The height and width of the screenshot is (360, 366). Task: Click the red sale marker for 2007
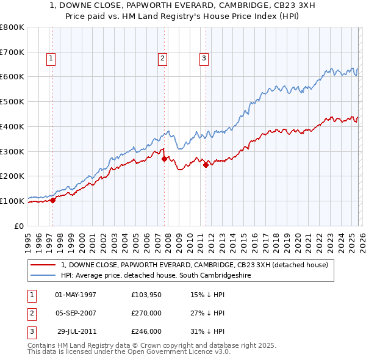[x=164, y=159]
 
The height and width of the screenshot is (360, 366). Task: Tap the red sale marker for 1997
[x=52, y=200]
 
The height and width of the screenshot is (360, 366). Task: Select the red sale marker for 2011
[x=206, y=164]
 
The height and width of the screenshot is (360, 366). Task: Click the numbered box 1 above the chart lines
[x=50, y=59]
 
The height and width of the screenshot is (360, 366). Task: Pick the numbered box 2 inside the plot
[x=162, y=59]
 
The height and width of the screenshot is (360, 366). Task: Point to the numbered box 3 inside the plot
[x=204, y=59]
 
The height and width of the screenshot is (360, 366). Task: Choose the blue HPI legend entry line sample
[x=44, y=275]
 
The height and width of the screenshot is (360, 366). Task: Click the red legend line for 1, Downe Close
[x=44, y=265]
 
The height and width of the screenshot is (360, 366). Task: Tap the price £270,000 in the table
[x=146, y=313]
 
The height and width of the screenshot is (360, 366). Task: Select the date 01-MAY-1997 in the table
[x=76, y=295]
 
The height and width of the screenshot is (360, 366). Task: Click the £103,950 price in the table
[x=146, y=295]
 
